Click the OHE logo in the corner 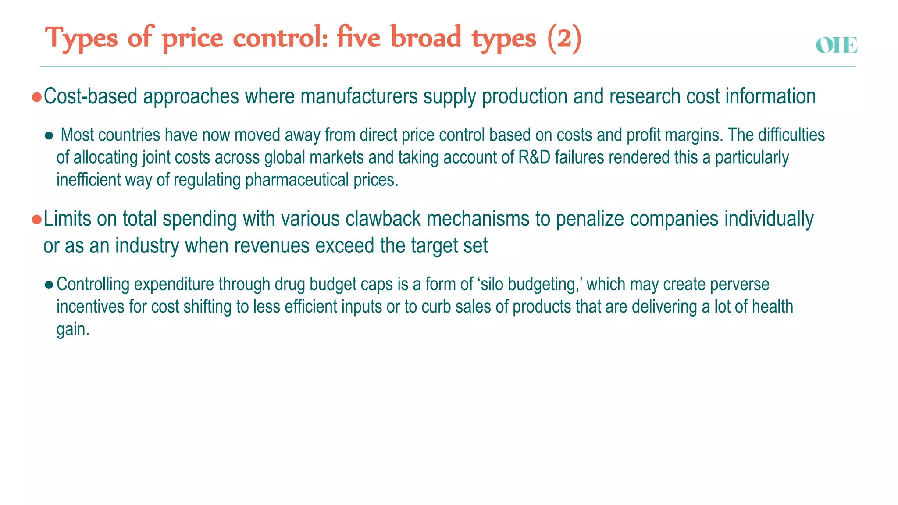836,46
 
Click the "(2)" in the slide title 564,39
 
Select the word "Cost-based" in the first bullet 91,96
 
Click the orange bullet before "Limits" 37,219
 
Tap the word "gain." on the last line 73,329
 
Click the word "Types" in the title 82,39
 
